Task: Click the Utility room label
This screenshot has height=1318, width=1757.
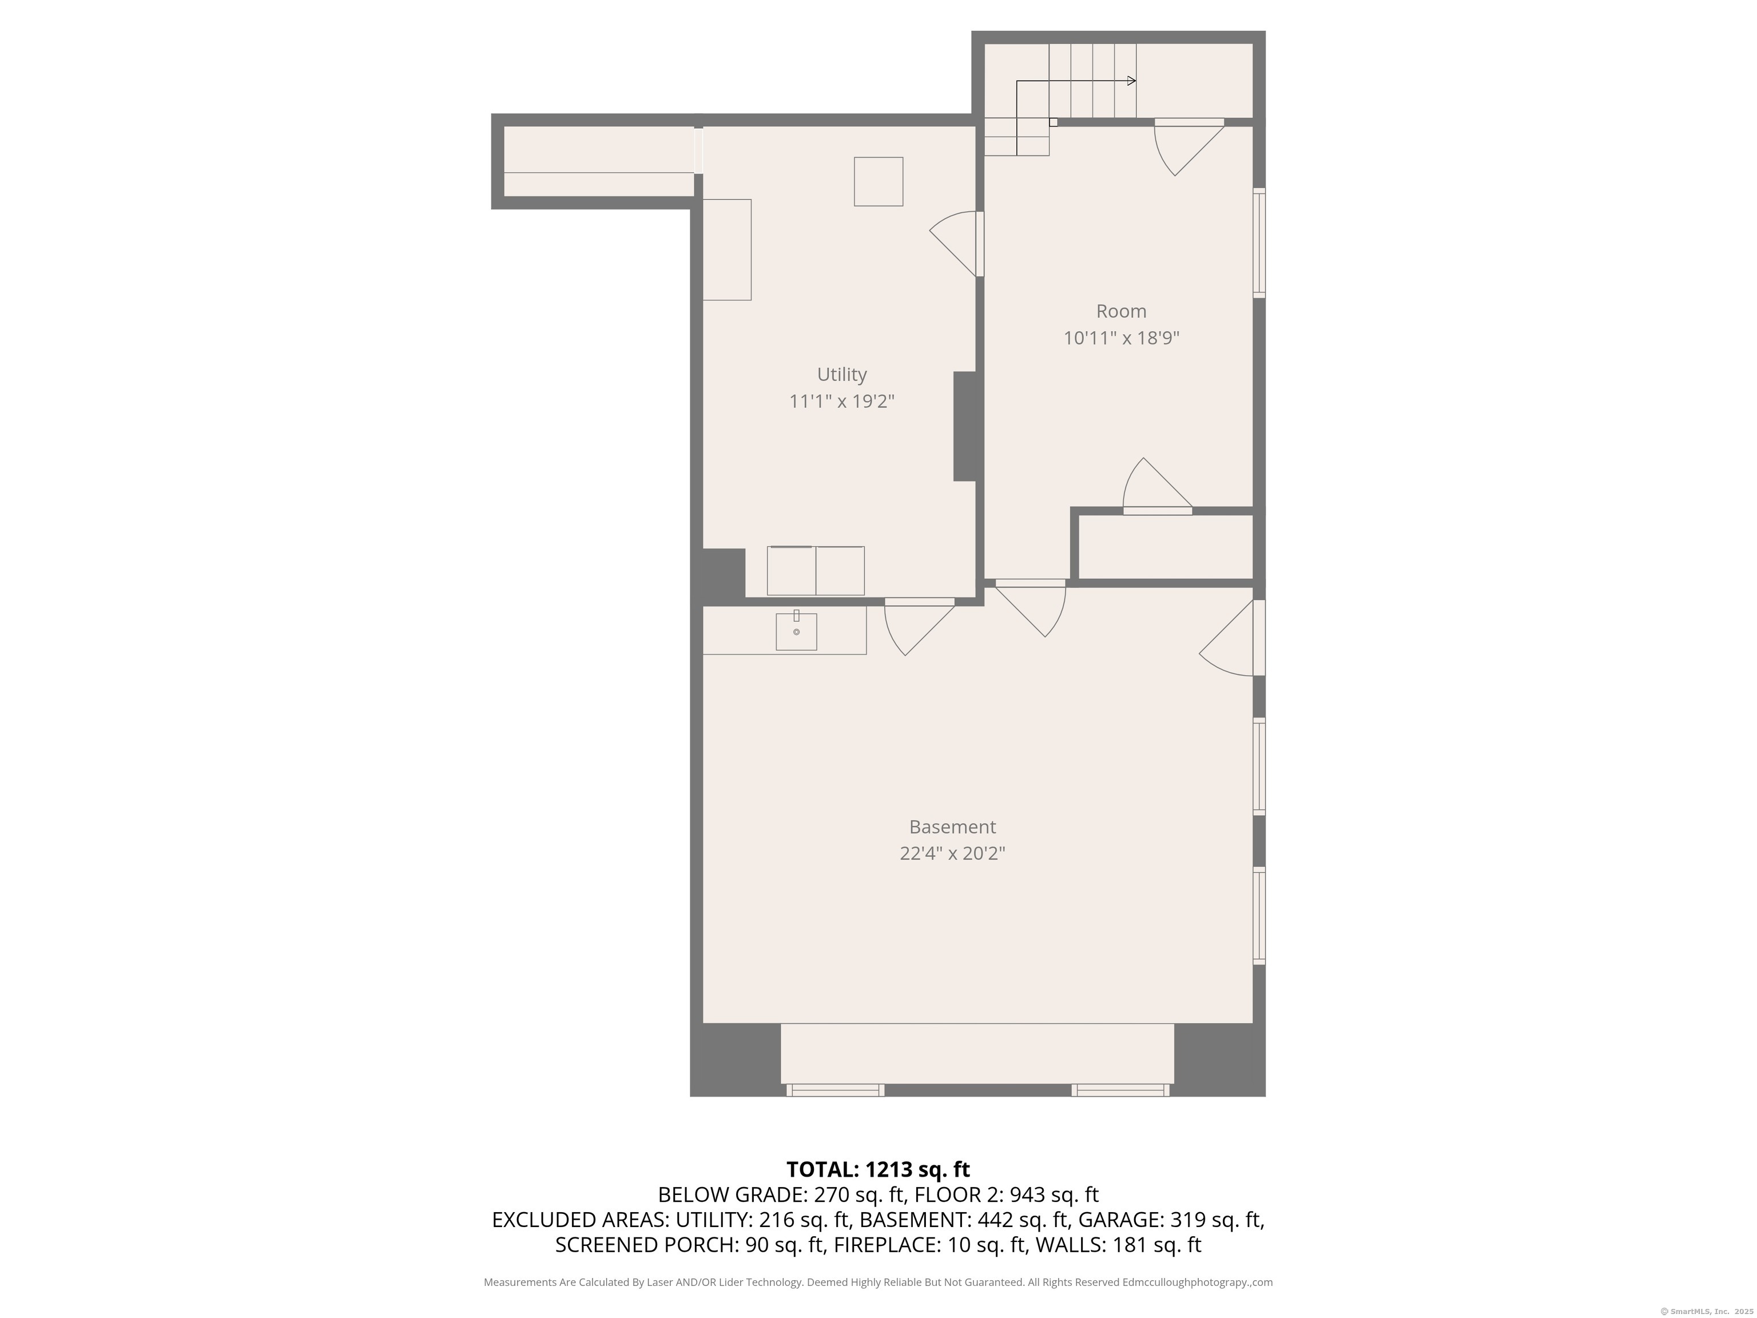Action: [x=841, y=374]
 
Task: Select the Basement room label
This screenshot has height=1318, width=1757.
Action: [x=952, y=827]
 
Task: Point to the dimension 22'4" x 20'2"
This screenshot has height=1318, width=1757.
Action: [x=952, y=854]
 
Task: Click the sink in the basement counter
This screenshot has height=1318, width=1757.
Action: [x=796, y=632]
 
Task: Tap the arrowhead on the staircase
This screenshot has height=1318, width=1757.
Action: [x=1131, y=81]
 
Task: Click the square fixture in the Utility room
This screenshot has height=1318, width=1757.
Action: [x=878, y=182]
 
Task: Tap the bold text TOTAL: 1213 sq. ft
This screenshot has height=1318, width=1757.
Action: [x=878, y=1169]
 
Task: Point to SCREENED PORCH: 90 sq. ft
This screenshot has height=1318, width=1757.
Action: [x=689, y=1245]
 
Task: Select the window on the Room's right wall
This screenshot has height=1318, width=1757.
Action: [x=1259, y=243]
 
